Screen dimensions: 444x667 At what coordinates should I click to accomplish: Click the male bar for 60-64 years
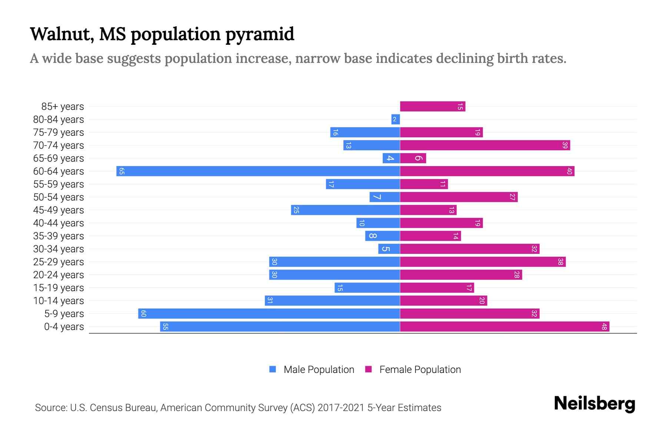click(258, 171)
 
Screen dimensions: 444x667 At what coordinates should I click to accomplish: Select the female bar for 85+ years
click(432, 107)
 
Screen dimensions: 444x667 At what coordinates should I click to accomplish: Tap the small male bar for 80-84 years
click(395, 119)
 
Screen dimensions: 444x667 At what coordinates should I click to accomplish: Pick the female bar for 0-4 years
click(504, 326)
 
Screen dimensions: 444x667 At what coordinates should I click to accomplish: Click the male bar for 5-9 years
click(269, 313)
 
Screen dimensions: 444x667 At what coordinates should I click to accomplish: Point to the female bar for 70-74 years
click(485, 145)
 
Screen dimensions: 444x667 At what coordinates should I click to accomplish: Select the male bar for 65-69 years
click(391, 158)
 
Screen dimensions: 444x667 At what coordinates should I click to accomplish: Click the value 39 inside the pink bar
click(565, 145)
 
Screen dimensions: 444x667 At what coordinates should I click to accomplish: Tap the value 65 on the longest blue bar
click(122, 171)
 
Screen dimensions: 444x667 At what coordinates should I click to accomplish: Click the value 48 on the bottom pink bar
click(604, 327)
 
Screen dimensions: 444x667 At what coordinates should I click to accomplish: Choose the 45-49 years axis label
click(59, 210)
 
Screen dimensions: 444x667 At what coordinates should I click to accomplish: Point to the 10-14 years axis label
click(59, 301)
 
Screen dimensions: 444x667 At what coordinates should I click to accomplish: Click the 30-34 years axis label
click(59, 249)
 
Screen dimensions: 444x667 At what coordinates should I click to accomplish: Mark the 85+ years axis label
click(63, 107)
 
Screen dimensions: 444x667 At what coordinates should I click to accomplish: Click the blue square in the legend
click(273, 369)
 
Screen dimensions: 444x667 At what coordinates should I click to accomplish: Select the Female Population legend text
click(420, 369)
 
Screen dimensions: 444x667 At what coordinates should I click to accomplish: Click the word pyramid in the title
click(259, 34)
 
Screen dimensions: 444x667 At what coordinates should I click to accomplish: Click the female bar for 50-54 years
click(458, 197)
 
